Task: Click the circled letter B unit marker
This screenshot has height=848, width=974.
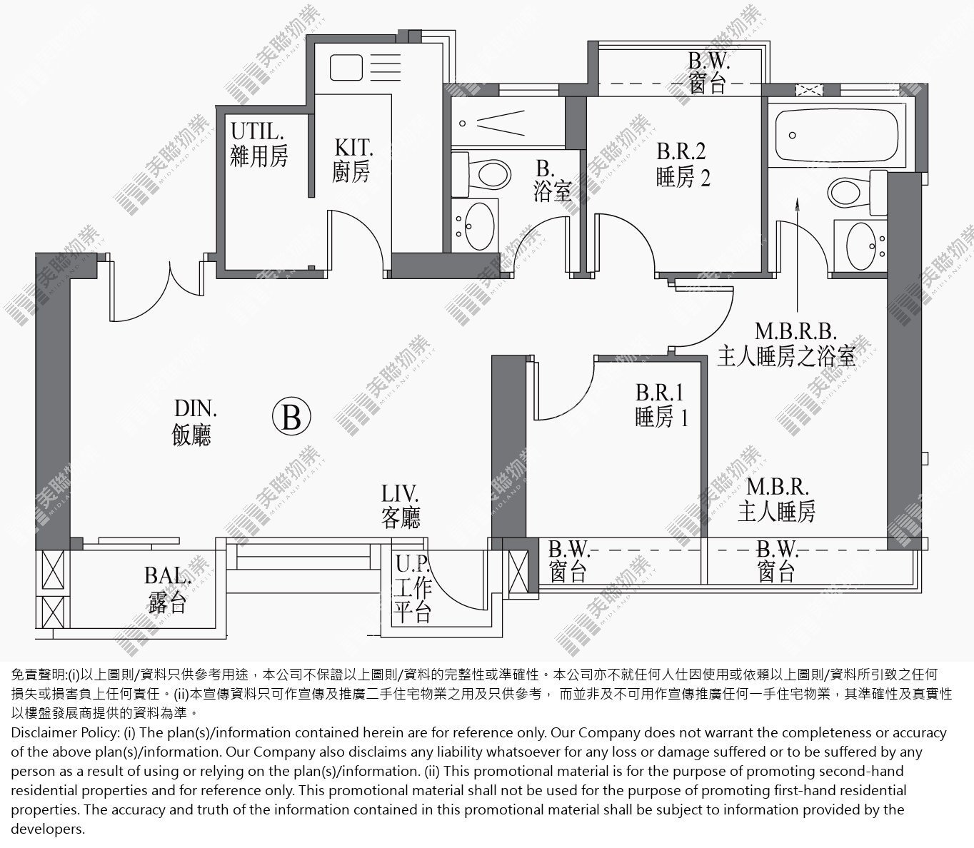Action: [291, 417]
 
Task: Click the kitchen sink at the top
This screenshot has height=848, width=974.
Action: [346, 67]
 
